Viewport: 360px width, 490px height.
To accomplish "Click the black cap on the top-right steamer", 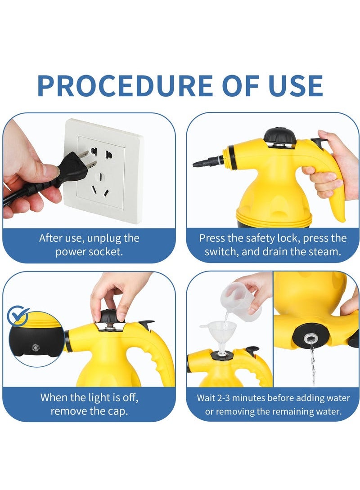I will [279, 136].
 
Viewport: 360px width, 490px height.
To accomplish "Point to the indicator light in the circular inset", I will [34, 348].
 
